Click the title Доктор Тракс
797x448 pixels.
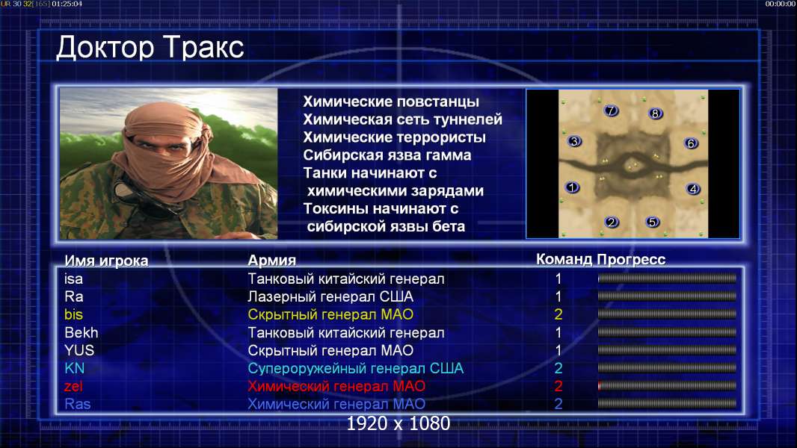point(150,47)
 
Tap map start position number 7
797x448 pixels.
point(611,111)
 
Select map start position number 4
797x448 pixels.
point(693,189)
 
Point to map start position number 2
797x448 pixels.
point(612,222)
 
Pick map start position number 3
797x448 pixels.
point(574,142)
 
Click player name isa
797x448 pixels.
point(74,279)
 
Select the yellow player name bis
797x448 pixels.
point(74,314)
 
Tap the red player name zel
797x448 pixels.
point(74,386)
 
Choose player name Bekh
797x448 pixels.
point(81,332)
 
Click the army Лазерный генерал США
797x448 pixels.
point(330,296)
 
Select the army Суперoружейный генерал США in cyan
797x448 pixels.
point(356,368)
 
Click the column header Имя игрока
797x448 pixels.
point(106,261)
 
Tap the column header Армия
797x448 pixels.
point(272,261)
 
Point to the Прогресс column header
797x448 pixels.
point(631,259)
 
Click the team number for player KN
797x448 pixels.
point(558,368)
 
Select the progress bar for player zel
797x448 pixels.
point(667,386)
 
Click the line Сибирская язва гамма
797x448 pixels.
point(387,155)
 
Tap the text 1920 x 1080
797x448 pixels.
point(398,423)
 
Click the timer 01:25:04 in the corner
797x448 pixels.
point(67,4)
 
